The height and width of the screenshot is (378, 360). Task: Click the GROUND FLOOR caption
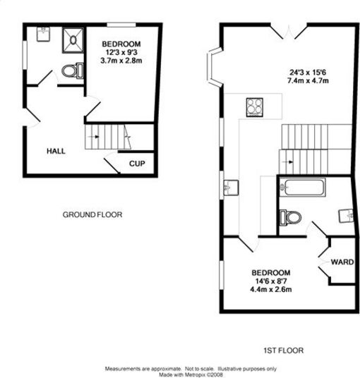click(92, 214)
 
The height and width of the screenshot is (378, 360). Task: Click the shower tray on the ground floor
click(72, 40)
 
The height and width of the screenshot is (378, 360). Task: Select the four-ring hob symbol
click(254, 106)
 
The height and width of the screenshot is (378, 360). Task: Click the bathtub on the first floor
click(303, 188)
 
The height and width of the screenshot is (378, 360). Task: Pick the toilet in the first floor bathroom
click(290, 217)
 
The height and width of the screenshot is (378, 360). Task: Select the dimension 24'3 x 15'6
click(308, 72)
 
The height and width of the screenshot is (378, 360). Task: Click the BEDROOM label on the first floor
click(270, 273)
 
